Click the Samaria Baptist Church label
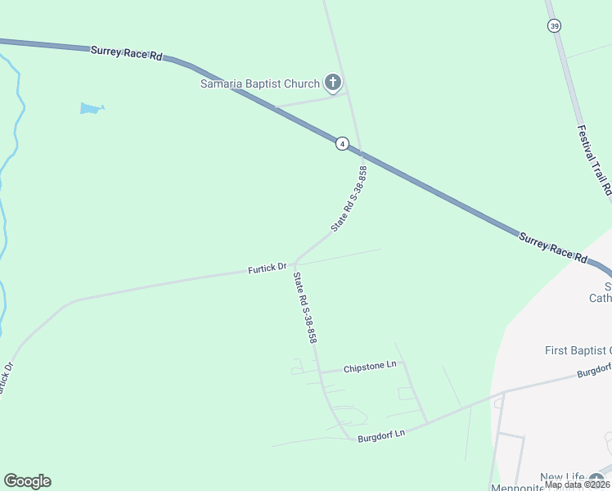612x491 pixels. click(260, 83)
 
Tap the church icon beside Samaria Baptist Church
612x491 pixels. click(332, 82)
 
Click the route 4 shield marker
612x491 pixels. click(342, 143)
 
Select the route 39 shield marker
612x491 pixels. click(555, 26)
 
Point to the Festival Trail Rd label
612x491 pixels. click(594, 159)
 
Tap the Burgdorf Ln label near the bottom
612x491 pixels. click(381, 438)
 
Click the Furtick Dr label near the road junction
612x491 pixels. click(267, 268)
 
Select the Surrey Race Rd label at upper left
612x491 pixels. click(126, 53)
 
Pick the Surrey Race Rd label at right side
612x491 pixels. click(553, 246)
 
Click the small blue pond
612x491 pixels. click(91, 108)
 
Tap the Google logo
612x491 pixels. click(27, 481)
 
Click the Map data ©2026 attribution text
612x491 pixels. click(576, 484)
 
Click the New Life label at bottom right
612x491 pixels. click(562, 477)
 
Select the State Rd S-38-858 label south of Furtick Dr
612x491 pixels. click(305, 307)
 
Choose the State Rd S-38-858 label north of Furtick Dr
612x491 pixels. click(349, 198)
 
